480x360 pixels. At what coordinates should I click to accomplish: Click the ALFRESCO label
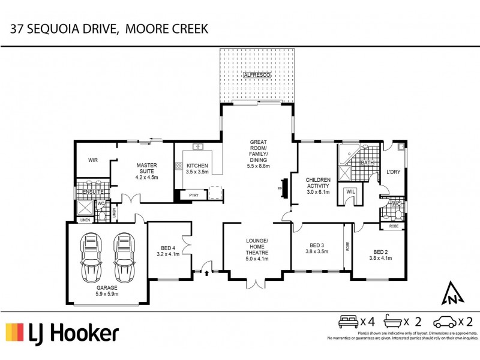257,75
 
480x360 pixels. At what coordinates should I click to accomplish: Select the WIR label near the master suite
92,160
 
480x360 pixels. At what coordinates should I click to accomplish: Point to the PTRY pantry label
193,195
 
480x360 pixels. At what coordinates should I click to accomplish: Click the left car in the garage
92,257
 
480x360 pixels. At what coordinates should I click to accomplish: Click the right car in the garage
124,257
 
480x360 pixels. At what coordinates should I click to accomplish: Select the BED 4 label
168,251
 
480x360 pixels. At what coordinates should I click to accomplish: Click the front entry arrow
208,273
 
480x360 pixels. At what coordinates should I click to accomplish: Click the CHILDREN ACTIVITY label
319,185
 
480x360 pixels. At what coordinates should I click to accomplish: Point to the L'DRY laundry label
393,172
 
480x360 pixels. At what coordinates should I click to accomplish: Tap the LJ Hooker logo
62,333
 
